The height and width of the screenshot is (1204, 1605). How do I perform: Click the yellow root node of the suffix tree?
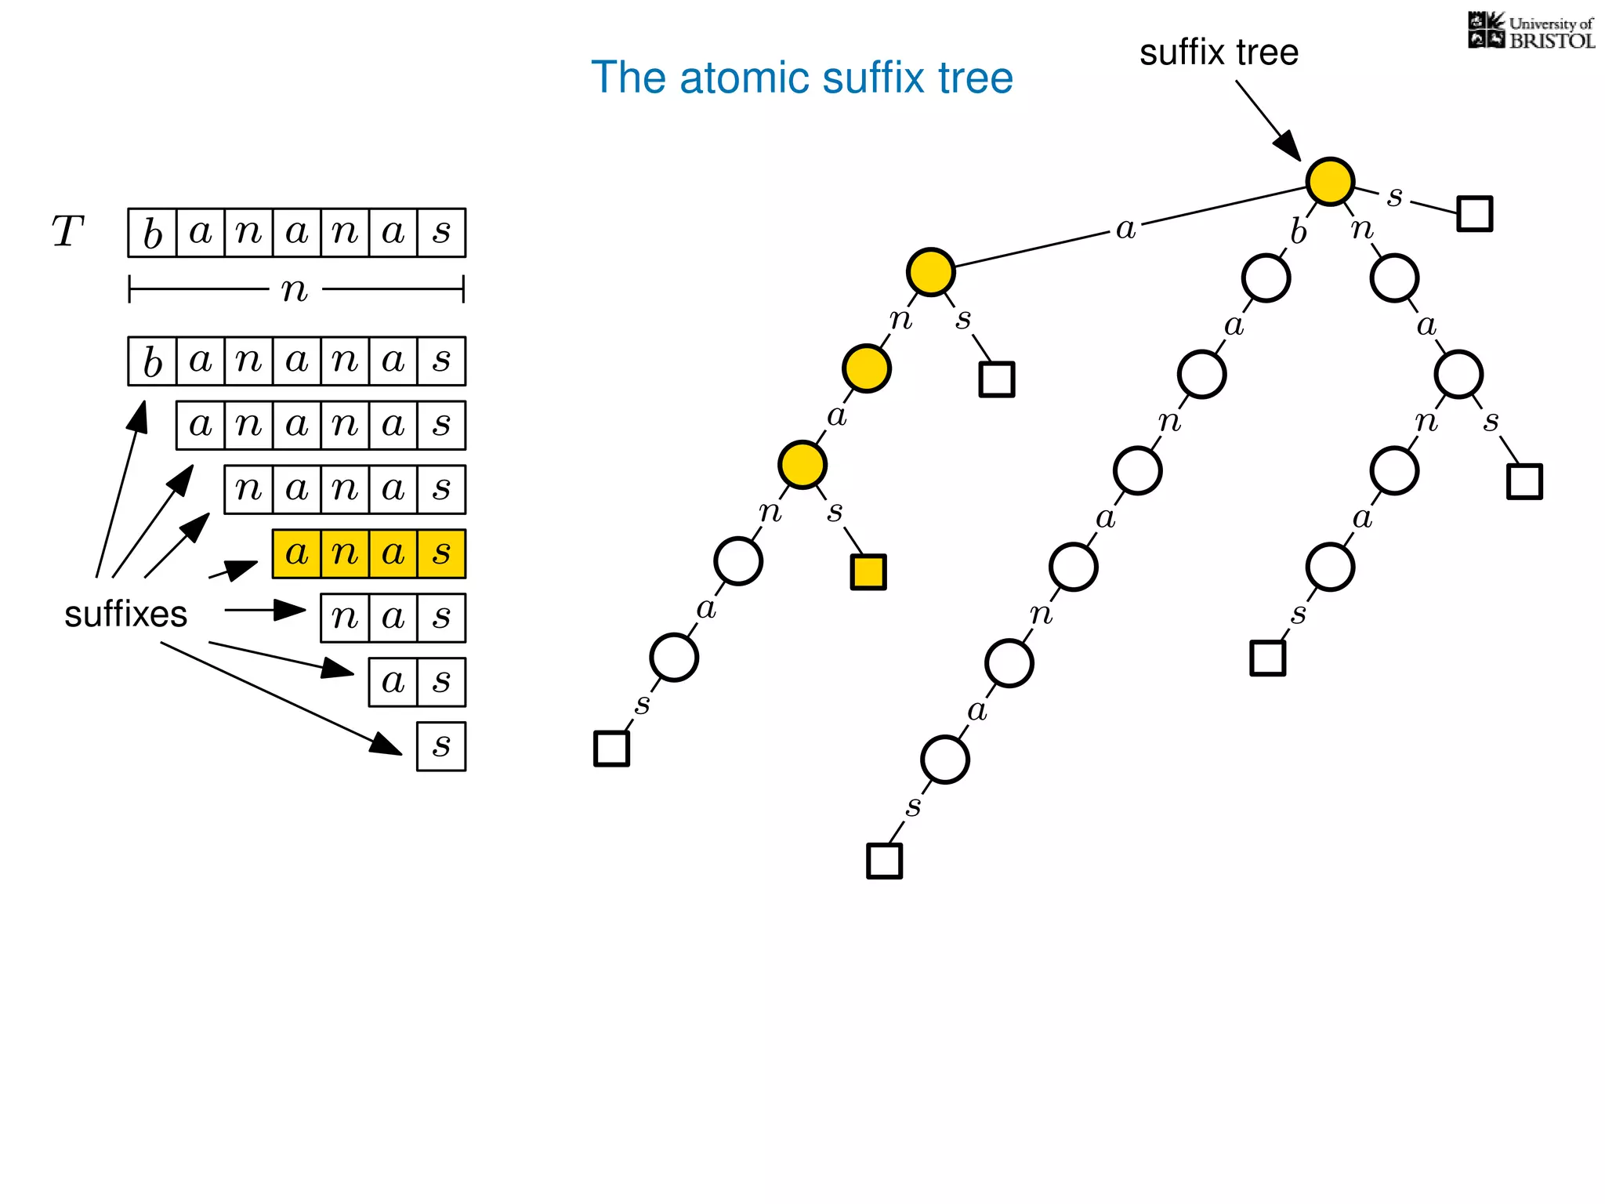pos(1330,181)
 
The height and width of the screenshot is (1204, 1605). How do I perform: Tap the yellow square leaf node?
pos(868,572)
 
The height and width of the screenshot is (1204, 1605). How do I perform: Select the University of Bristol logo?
pos(1531,31)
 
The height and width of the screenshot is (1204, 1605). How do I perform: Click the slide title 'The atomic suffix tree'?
pos(802,78)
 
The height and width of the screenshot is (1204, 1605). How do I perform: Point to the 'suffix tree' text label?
pos(1219,53)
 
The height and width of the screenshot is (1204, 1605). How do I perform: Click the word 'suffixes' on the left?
pos(125,614)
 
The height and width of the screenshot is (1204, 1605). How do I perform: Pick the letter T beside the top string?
pos(67,232)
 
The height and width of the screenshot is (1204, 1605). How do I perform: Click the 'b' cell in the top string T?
pos(153,233)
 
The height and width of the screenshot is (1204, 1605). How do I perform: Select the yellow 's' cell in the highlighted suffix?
pos(441,554)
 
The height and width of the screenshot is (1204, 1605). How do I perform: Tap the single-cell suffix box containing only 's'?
pos(441,746)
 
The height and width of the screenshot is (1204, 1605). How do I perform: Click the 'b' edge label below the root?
pos(1299,232)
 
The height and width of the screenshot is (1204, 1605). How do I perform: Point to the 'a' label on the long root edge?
pos(1125,229)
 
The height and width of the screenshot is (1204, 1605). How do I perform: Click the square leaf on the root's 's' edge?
pos(1474,214)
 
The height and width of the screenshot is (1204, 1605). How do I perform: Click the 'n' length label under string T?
pos(295,290)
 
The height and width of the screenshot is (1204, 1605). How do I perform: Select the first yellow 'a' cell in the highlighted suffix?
pos(297,554)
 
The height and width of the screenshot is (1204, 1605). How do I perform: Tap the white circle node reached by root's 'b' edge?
pos(1266,278)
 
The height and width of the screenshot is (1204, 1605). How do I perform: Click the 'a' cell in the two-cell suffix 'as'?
pos(393,682)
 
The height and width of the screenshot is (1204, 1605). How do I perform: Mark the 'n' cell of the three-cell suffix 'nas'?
pos(345,618)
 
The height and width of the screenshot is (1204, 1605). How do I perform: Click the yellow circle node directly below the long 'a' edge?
pos(930,272)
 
